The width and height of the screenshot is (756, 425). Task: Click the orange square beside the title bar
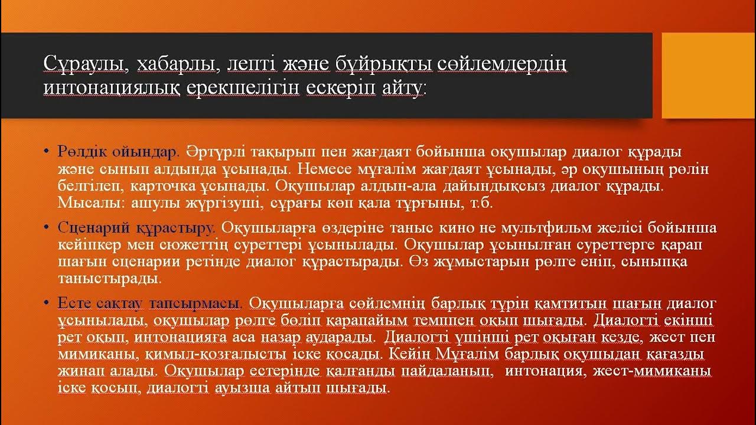click(708, 75)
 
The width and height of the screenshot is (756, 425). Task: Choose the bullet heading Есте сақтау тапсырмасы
click(149, 303)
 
